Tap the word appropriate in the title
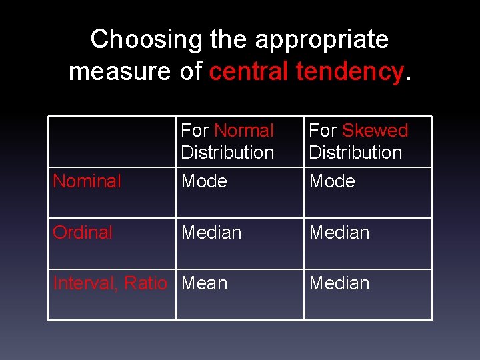tap(322, 39)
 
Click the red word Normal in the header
tap(244, 130)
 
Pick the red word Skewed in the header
tap(375, 130)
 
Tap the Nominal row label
tap(87, 181)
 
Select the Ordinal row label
tap(83, 232)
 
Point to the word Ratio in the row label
tap(145, 283)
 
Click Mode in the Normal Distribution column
tap(204, 181)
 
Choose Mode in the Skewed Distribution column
tap(332, 181)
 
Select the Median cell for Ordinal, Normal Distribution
tap(211, 232)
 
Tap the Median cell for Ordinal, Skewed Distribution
tap(339, 232)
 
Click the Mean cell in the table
tap(204, 283)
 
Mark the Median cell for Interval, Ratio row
tap(339, 283)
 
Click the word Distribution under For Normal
tap(227, 152)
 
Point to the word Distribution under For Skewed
tap(355, 152)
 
